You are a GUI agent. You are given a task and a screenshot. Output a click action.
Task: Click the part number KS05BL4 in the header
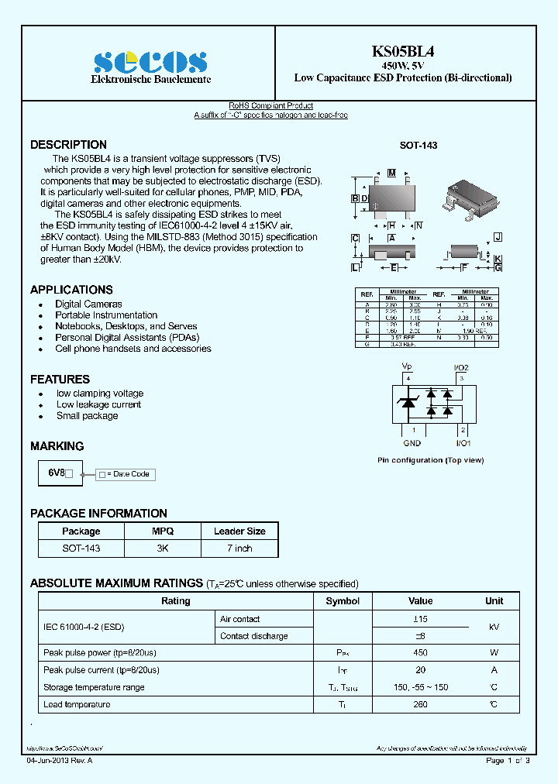(x=402, y=52)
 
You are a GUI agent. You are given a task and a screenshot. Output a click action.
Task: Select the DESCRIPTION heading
(x=68, y=145)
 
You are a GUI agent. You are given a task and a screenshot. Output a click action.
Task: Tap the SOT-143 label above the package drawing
(x=418, y=146)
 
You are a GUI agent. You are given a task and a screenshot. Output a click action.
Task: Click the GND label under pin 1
(x=412, y=443)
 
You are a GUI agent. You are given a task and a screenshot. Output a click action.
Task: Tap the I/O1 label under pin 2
(x=463, y=443)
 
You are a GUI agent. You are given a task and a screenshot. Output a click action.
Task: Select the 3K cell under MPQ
(x=162, y=548)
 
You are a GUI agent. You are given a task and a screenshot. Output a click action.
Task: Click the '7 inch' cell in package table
(x=239, y=548)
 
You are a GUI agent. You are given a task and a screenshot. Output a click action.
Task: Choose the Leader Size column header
(x=239, y=531)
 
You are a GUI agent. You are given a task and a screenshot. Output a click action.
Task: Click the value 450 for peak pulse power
(x=420, y=653)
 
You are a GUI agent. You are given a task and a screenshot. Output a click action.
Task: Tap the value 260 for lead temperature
(x=420, y=704)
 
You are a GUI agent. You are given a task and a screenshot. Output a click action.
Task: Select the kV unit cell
(x=494, y=628)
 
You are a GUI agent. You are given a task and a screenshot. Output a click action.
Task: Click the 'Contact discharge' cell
(x=253, y=636)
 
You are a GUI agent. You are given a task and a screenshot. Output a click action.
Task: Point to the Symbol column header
(x=343, y=601)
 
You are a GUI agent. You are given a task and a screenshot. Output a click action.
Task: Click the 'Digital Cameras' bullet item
(x=88, y=304)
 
